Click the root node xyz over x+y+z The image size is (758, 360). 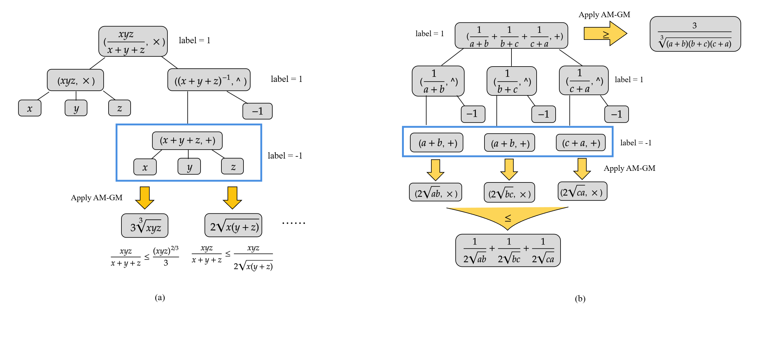133,41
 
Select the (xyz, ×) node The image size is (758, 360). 75,80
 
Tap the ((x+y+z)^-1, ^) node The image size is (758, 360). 209,80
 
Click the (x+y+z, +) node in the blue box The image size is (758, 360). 187,140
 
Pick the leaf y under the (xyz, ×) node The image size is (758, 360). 76,108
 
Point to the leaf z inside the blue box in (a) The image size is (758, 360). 232,167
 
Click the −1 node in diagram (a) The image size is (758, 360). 257,111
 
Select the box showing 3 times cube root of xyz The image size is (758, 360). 145,226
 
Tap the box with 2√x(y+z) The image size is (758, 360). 233,225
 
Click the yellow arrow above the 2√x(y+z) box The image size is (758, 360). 232,197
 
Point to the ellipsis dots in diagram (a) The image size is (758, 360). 293,223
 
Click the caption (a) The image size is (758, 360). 160,297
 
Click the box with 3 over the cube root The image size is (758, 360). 695,34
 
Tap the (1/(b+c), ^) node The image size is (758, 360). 511,81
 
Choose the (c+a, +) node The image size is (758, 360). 581,143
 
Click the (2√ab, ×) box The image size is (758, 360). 435,193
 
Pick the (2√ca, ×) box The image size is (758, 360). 582,192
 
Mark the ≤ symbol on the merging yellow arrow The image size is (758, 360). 508,218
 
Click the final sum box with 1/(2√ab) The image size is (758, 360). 508,251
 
